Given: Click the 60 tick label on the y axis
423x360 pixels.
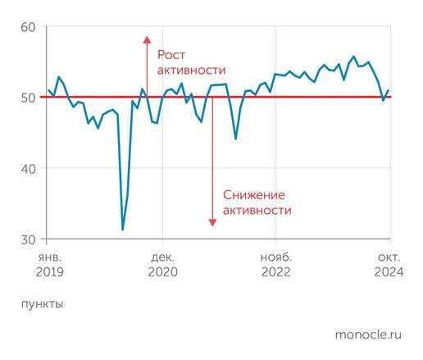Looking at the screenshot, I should coord(28,27).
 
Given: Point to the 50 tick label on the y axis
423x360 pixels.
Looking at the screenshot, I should coord(28,98).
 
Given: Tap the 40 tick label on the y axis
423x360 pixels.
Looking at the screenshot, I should coord(28,169).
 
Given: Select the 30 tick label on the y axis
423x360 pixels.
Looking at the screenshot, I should coord(28,239).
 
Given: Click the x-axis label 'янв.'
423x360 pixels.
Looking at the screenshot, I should coord(49,256).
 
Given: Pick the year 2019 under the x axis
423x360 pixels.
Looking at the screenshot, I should coord(49,271).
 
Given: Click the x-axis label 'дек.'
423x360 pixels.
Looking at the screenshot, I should coord(162,256).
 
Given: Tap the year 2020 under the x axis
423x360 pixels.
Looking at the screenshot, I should coord(162,271).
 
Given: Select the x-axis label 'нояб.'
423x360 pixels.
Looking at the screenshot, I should coord(275,256).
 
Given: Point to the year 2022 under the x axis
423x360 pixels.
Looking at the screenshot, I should coord(275,271).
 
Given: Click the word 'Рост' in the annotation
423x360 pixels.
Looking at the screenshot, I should coord(172,55).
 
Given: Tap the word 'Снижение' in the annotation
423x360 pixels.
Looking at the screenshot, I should coord(253,194).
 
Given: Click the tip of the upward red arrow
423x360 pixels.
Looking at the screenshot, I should coord(147,37).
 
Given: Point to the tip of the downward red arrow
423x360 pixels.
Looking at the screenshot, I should coord(211,225).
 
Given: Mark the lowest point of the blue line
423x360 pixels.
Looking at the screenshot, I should coord(123,230).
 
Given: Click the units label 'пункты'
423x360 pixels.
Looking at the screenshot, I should coord(42,303).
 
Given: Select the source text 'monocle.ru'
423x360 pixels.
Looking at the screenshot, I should coord(368,335).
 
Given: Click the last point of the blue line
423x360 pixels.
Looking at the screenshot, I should coord(389,90).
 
